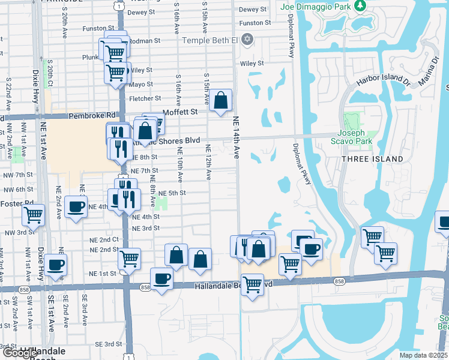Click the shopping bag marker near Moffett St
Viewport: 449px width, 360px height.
(x=220, y=100)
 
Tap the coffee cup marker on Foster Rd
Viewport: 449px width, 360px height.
(x=76, y=208)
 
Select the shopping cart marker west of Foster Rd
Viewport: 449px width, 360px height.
(x=34, y=214)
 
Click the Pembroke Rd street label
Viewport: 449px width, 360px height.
(x=92, y=115)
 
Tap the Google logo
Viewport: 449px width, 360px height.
(x=19, y=353)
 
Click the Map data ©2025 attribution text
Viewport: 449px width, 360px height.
(x=424, y=355)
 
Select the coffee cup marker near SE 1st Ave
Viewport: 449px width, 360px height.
(x=56, y=265)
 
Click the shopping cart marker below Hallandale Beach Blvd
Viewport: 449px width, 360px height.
(x=252, y=284)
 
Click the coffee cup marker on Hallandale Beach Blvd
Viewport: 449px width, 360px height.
(x=161, y=279)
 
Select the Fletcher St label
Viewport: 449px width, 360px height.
(x=145, y=98)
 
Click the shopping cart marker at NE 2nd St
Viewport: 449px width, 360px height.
(x=129, y=259)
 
